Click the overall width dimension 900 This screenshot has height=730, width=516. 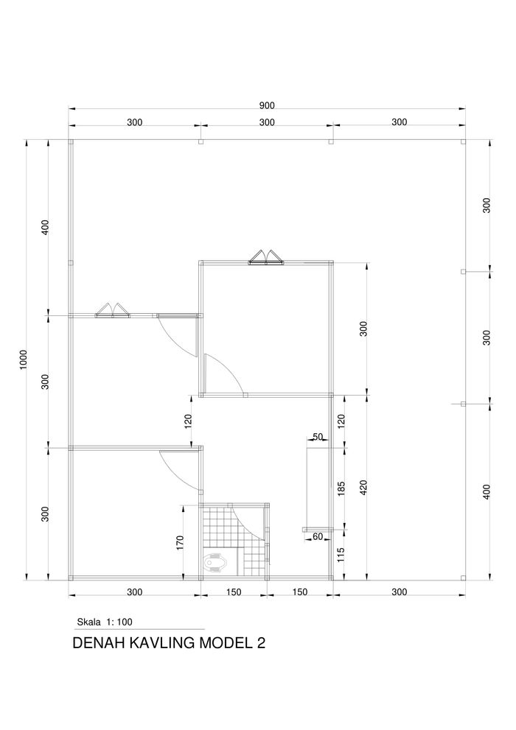point(267,105)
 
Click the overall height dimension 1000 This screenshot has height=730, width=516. point(24,359)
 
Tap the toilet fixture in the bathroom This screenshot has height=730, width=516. point(217,562)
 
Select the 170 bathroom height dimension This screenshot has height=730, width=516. point(181,543)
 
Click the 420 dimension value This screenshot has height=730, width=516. point(363,488)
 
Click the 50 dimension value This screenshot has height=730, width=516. point(318,437)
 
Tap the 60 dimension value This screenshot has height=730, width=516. point(318,537)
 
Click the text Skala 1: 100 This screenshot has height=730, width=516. point(105,622)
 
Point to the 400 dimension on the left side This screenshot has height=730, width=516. point(45,227)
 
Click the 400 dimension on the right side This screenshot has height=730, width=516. point(487,491)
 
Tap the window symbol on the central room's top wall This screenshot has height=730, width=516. point(266,258)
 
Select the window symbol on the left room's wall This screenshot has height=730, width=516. point(113,311)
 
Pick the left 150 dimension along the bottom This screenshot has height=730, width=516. point(234,592)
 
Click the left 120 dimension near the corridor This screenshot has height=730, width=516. point(188,421)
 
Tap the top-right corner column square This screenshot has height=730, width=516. point(462,142)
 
